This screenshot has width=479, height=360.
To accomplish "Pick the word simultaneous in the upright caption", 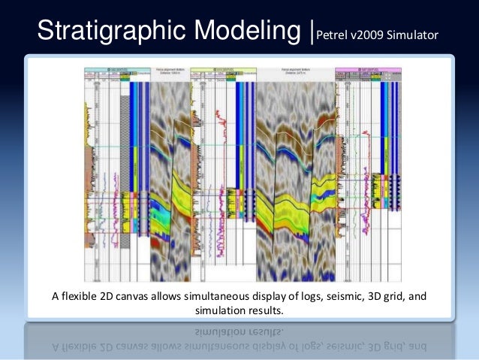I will (228, 296).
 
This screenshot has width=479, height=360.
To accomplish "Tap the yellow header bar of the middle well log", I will (218, 70).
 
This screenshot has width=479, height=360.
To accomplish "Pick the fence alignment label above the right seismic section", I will (294, 73).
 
